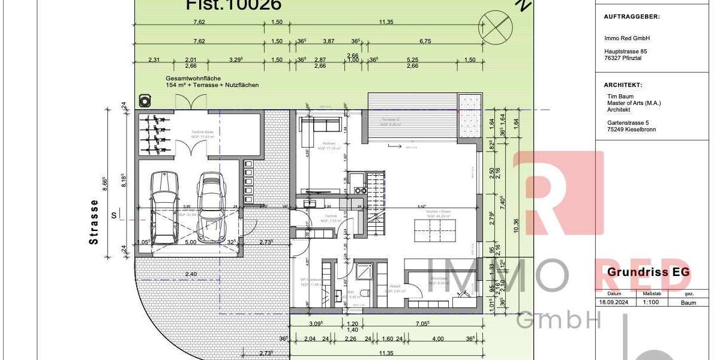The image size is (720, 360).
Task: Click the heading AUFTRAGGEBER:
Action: [631, 17]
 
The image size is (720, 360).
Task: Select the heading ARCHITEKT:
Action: [623, 85]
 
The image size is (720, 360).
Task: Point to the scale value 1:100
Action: [652, 303]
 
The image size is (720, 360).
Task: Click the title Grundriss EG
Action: [649, 272]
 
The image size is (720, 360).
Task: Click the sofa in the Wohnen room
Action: [321, 127]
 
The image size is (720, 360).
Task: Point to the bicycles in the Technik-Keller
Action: [153, 128]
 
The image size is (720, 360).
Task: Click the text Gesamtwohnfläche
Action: [194, 79]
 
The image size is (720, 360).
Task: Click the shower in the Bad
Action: [365, 274]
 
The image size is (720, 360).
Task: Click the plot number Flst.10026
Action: [234, 5]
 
